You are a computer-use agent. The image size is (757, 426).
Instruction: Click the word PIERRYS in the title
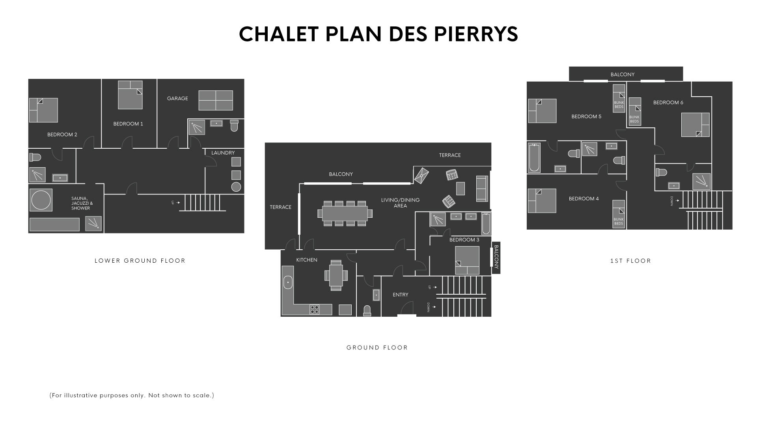tap(476, 34)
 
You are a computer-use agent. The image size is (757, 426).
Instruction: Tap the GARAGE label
tap(177, 99)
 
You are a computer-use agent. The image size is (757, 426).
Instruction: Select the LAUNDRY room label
tap(223, 153)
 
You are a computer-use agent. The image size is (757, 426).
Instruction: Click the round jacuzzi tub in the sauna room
tap(41, 200)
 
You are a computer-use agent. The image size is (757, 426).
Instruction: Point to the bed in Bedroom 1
tap(130, 95)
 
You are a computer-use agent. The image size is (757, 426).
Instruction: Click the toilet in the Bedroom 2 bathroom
tap(35, 157)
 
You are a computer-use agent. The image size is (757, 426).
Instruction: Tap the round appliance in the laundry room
tap(236, 187)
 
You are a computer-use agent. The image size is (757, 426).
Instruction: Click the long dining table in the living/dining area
tap(345, 213)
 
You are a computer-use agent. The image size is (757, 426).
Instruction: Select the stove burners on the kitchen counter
tap(315, 310)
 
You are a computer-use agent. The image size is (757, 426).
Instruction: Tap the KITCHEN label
tap(307, 260)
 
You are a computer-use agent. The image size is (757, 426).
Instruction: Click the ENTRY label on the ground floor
tap(401, 295)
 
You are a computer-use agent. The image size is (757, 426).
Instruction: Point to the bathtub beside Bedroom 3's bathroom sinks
tap(486, 224)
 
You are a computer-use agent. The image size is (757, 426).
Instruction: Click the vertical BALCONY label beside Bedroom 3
tap(496, 257)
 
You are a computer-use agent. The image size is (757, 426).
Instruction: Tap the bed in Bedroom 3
tap(467, 260)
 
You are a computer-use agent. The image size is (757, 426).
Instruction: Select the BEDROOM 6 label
tap(668, 103)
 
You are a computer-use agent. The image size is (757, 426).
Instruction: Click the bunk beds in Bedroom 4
tap(619, 214)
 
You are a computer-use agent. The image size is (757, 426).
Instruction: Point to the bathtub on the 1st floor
tap(534, 157)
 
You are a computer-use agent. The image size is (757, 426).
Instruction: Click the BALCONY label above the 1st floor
tap(623, 75)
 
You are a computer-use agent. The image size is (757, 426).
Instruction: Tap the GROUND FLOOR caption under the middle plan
tap(377, 348)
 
